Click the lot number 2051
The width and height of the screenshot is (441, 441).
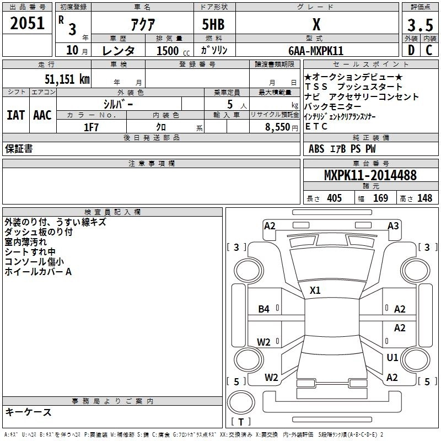27,23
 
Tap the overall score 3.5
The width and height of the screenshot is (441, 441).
420,25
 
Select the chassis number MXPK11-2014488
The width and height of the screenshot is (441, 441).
370,175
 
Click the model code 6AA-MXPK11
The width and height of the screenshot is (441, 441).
316,51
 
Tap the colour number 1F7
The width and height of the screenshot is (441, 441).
91,126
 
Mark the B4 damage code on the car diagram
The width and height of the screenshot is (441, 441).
264,309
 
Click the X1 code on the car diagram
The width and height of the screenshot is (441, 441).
315,290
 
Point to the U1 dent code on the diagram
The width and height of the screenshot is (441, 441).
392,358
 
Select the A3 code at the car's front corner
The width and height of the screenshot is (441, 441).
393,226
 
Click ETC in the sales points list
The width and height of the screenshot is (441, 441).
316,126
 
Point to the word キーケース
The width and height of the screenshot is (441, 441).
28,412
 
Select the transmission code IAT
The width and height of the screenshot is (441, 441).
16,115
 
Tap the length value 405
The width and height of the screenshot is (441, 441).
334,198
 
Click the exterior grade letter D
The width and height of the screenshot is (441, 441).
410,50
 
